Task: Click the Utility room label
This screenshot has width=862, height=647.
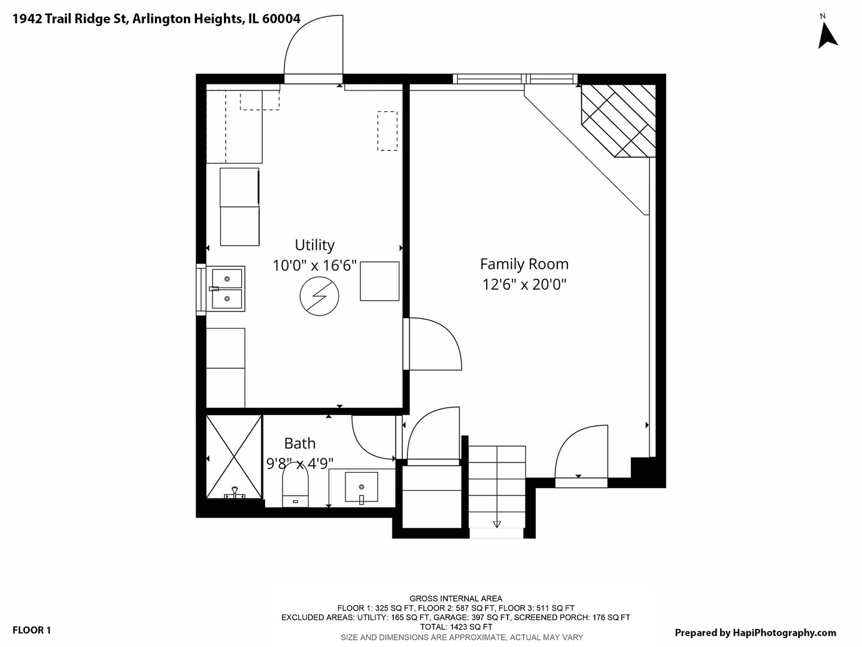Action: click(314, 245)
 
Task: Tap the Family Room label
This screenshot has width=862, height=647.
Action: click(524, 264)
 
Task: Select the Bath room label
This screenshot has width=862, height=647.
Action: click(300, 443)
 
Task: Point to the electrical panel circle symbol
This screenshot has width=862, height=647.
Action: click(319, 296)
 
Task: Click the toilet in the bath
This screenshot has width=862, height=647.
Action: click(295, 485)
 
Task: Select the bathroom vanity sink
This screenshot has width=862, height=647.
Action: click(362, 487)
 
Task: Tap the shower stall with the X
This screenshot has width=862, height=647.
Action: click(234, 457)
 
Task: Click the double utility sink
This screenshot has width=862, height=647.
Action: click(227, 289)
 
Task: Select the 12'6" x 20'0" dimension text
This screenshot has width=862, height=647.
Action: click(524, 285)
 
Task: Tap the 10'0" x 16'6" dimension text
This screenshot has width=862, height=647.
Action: click(314, 265)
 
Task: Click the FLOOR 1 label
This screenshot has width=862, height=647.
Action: click(31, 630)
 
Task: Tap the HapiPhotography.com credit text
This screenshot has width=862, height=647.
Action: click(755, 633)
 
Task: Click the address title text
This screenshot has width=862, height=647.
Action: click(156, 19)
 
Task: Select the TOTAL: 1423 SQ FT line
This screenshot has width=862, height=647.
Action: click(456, 627)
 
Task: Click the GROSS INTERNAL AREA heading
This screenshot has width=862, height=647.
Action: click(456, 598)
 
